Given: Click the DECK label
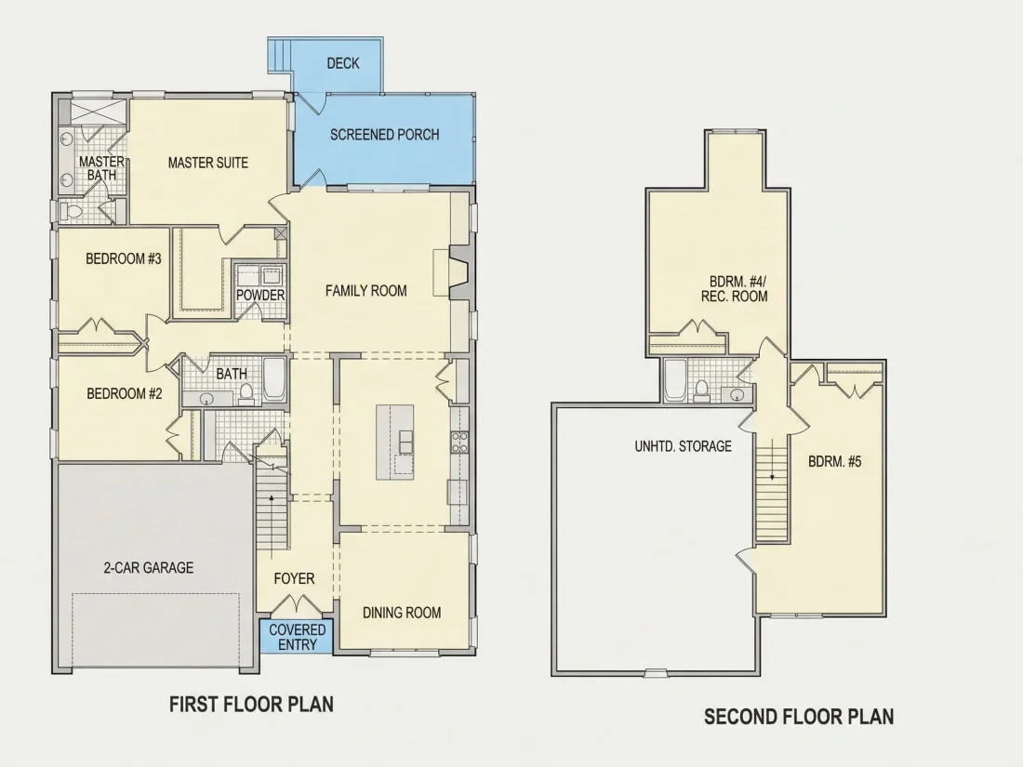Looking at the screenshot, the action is click(343, 63).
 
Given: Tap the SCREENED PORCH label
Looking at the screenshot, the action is click(384, 135).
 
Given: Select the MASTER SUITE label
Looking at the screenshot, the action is click(208, 163).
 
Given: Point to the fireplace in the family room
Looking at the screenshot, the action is click(458, 271).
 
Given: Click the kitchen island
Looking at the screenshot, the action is click(394, 443).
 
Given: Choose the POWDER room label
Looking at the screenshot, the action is click(260, 296).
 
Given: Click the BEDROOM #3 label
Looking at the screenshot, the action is click(124, 259).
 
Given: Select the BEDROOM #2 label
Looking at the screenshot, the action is click(124, 394).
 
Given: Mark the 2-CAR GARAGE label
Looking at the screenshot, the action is click(149, 568).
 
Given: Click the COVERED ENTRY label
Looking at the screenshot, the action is click(298, 637).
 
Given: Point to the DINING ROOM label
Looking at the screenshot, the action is click(402, 613).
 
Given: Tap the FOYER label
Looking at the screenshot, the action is click(294, 579).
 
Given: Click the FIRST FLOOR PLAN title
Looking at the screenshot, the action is click(252, 705).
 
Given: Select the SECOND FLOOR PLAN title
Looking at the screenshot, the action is click(799, 718).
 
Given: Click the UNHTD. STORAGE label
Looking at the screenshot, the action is click(684, 447).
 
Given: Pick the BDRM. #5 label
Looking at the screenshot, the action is click(835, 462).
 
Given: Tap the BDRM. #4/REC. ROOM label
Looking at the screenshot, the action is click(735, 289).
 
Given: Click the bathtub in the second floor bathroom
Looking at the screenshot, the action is click(675, 379).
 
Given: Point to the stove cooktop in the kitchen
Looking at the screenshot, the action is click(459, 443).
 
